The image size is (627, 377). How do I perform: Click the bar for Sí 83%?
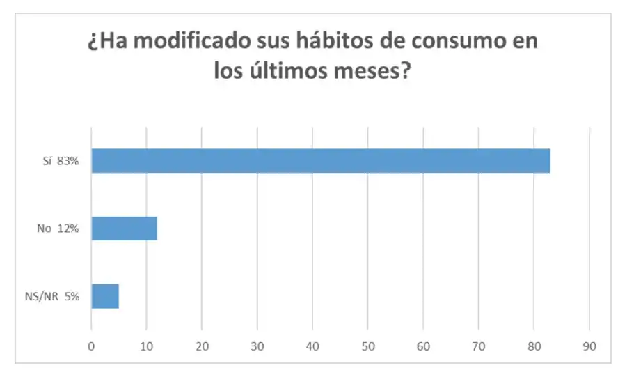coord(321,161)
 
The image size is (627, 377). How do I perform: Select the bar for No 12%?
coord(125,229)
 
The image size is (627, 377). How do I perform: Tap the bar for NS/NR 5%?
coord(105,296)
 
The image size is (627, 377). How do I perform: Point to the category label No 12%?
coord(58,229)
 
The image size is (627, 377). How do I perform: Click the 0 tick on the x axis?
coord(91,344)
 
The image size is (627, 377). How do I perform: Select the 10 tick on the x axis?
coord(146,344)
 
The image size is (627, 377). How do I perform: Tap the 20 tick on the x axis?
coord(202,344)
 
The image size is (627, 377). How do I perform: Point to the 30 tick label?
coord(257,344)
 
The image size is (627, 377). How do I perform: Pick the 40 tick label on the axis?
coord(312,344)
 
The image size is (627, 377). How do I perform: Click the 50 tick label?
coord(367,344)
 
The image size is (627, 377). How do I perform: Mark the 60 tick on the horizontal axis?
coord(423,344)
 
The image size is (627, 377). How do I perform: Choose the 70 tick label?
coord(478,344)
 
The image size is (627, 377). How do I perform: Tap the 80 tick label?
coord(534,344)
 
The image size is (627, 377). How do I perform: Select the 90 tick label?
coord(589,344)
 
